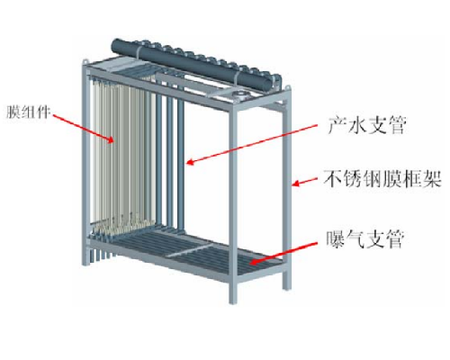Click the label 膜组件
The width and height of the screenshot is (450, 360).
tap(27, 112)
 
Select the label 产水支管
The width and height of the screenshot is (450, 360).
tap(367, 124)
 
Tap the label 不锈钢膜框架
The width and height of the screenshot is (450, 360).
tap(382, 179)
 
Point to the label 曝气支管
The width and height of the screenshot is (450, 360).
tap(365, 239)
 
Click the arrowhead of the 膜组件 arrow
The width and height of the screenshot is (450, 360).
tap(111, 139)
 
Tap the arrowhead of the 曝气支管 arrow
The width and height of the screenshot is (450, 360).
tap(254, 262)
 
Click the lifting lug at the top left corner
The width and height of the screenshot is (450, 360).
tap(86, 61)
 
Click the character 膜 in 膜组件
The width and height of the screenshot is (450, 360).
tap(13, 112)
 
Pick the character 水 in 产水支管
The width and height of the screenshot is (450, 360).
tap(356, 124)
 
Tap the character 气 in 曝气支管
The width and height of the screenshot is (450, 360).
tap(355, 239)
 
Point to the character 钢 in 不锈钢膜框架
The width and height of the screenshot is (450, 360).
tap(373, 179)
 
